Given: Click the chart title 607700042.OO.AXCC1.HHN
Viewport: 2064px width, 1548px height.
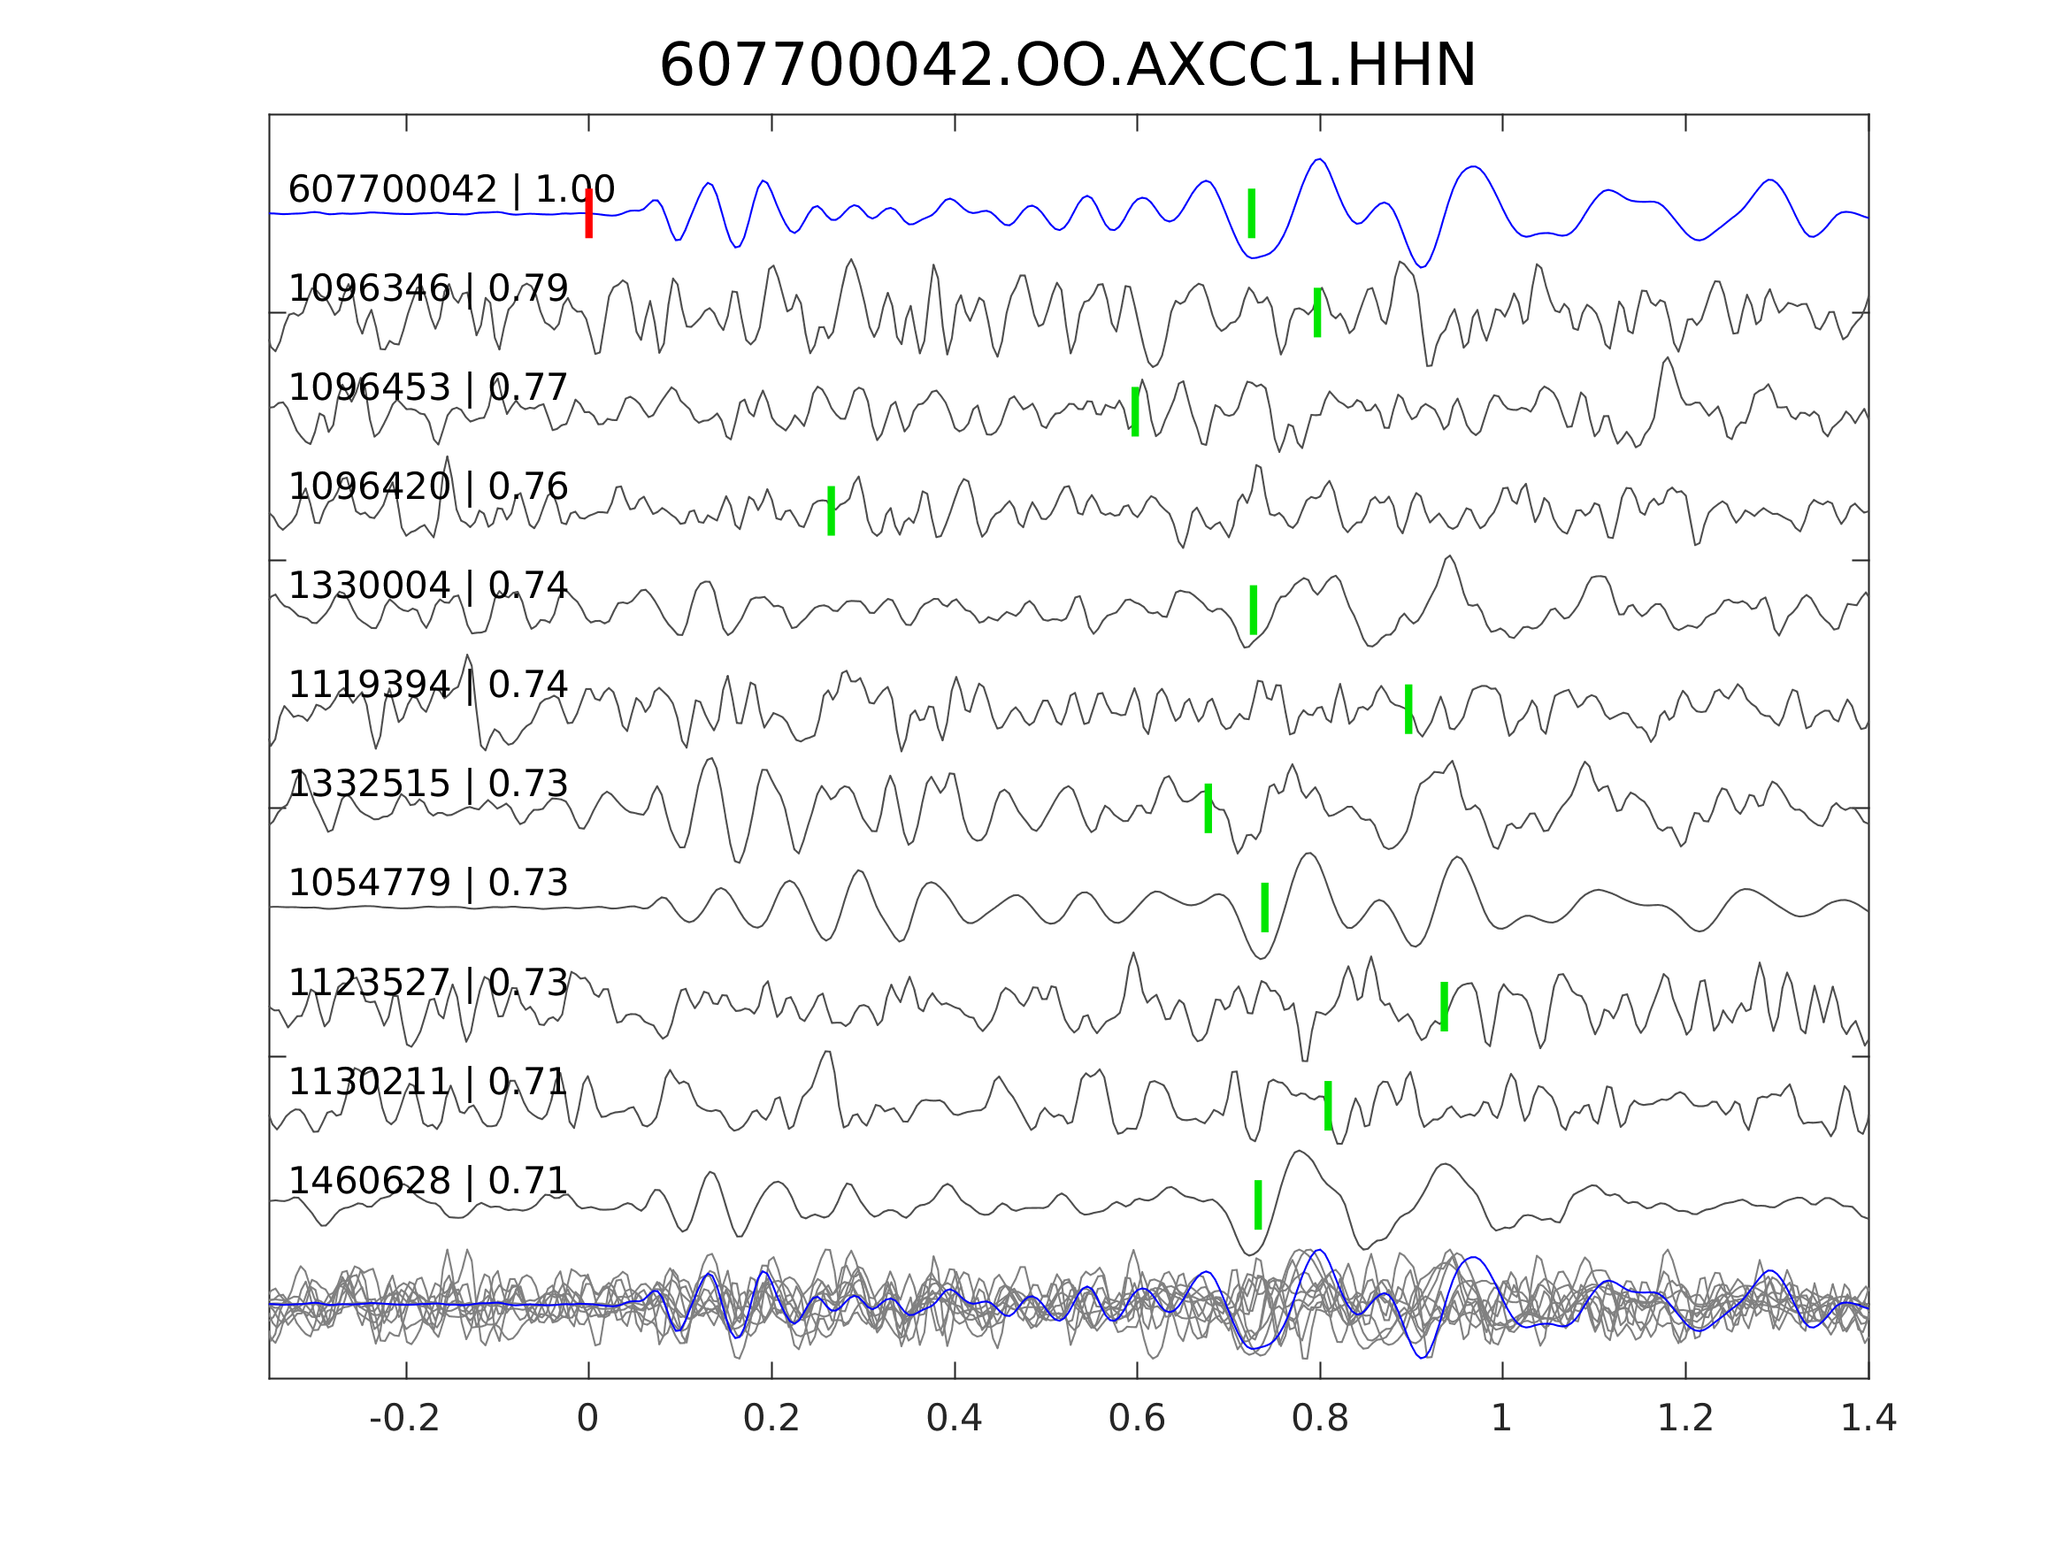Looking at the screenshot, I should tap(1068, 66).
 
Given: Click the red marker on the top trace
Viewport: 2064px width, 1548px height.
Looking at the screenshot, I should tap(589, 214).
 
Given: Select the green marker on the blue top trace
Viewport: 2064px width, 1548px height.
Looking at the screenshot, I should tap(1251, 214).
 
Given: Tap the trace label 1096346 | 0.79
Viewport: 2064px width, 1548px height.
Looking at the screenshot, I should tap(427, 289).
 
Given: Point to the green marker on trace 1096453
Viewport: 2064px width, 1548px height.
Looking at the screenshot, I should tap(1135, 411).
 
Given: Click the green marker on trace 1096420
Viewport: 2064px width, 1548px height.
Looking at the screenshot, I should tap(831, 510).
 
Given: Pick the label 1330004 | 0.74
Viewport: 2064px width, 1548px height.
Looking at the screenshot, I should tap(427, 586).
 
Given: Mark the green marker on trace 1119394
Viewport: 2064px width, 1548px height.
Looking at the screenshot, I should tap(1408, 709).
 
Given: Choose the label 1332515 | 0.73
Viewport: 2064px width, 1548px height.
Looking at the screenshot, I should tap(427, 784).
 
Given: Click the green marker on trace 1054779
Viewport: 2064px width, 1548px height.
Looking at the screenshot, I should tap(1264, 907).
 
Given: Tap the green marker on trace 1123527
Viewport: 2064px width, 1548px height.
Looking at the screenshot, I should tap(1444, 1007).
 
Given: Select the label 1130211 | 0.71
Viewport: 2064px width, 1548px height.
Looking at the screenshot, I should tap(427, 1082).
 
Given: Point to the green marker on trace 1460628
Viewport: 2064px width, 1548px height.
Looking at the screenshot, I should tap(1258, 1205).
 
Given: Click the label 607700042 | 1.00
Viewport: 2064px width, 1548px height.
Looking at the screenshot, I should tap(450, 189).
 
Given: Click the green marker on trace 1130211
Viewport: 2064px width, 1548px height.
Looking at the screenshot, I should tap(1328, 1106).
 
